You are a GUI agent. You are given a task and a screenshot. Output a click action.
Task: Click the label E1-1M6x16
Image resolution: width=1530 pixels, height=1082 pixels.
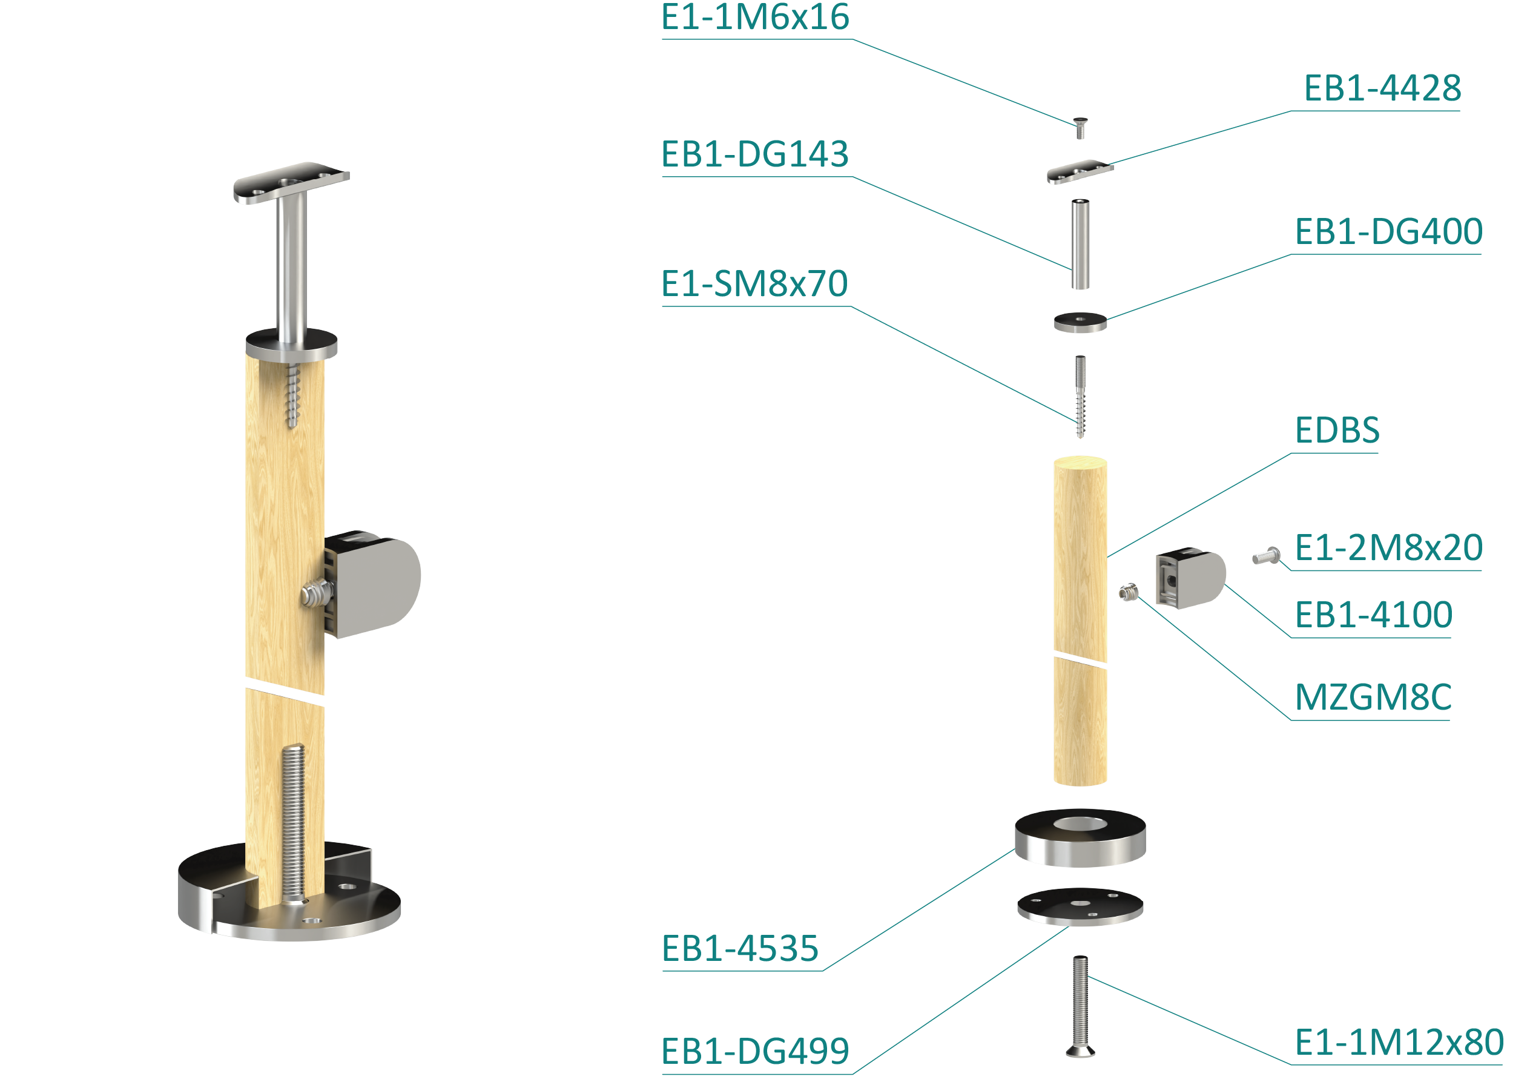pyautogui.click(x=755, y=17)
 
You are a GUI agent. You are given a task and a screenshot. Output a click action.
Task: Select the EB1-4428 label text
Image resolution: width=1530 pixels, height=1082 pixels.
pyautogui.click(x=1382, y=88)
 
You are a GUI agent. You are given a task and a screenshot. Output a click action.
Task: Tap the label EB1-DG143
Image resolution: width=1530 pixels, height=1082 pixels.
pyautogui.click(x=754, y=154)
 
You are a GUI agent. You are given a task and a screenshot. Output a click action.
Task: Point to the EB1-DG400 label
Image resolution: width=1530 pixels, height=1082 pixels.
pyautogui.click(x=1388, y=232)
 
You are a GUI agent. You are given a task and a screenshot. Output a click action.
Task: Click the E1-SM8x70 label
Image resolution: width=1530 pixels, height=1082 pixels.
pyautogui.click(x=754, y=284)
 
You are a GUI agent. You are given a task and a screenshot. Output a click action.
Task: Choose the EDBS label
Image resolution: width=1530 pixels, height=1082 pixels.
pyautogui.click(x=1337, y=430)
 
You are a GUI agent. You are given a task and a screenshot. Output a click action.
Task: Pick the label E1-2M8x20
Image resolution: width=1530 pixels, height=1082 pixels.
pyautogui.click(x=1388, y=548)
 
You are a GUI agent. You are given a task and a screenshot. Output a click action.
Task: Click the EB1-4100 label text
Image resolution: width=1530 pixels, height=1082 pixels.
pyautogui.click(x=1373, y=615)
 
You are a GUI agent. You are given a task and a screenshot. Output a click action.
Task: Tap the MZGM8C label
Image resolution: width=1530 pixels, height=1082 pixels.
pyautogui.click(x=1373, y=698)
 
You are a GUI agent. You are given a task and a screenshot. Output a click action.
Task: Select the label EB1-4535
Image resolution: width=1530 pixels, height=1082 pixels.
pyautogui.click(x=740, y=949)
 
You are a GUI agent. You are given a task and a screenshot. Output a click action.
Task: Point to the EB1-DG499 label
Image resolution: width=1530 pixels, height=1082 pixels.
pyautogui.click(x=755, y=1051)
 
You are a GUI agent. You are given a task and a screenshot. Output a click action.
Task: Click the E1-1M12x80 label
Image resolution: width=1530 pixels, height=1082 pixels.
pyautogui.click(x=1399, y=1042)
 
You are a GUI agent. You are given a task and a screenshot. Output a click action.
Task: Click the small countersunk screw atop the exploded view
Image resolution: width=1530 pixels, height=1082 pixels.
pyautogui.click(x=1080, y=127)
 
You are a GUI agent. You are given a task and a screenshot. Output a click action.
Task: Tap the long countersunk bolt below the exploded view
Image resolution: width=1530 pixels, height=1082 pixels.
pyautogui.click(x=1080, y=1006)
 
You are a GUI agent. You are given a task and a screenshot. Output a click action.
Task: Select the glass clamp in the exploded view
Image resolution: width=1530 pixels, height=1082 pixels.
pyautogui.click(x=1191, y=578)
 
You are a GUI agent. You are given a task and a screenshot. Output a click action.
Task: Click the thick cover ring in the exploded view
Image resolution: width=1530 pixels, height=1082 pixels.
pyautogui.click(x=1080, y=837)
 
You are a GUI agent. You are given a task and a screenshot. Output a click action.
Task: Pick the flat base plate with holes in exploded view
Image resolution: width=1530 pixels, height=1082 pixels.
pyautogui.click(x=1080, y=907)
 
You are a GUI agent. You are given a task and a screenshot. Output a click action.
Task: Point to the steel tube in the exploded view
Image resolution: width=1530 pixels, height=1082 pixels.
pyautogui.click(x=1080, y=244)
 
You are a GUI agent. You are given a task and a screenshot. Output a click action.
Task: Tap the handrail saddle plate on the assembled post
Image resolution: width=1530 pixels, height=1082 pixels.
pyautogui.click(x=291, y=181)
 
